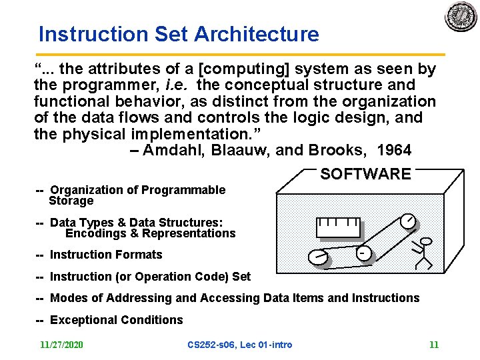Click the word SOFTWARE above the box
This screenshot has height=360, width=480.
(x=365, y=175)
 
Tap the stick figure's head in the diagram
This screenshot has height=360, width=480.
(x=426, y=241)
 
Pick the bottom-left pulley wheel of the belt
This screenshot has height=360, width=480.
(x=319, y=257)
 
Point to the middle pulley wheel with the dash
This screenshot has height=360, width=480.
(x=363, y=253)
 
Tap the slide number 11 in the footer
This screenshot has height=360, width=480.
(x=434, y=345)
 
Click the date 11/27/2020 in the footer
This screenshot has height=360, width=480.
(x=61, y=345)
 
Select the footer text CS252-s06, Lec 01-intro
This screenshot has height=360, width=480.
(x=240, y=345)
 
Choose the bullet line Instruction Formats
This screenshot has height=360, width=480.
(x=106, y=255)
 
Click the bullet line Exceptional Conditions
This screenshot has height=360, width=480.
(x=116, y=320)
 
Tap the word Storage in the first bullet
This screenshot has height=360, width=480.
(x=71, y=201)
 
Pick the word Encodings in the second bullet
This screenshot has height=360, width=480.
(x=93, y=233)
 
